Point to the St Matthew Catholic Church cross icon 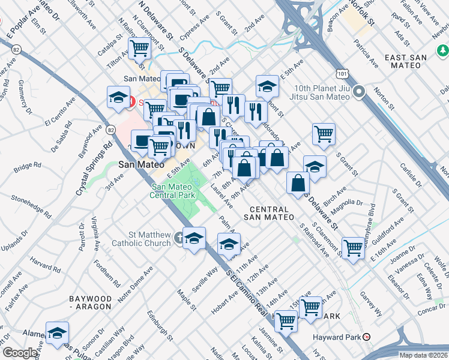point(178,239)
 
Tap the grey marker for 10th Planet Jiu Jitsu point(359,92)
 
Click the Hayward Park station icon point(367,337)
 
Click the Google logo point(20,353)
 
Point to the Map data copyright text point(423,355)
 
